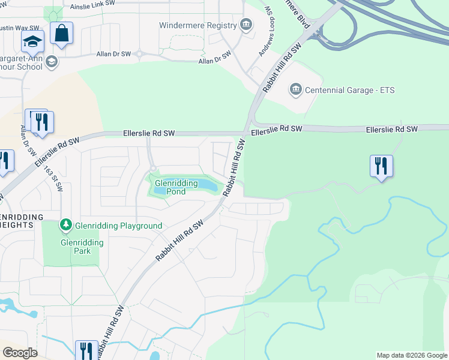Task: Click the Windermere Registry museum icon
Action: click(246, 25)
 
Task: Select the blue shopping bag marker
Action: click(62, 34)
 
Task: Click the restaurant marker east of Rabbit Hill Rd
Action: click(381, 166)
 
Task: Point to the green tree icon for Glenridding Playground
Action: click(65, 226)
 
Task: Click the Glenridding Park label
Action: click(82, 247)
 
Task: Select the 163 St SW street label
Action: click(53, 179)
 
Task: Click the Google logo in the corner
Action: click(20, 353)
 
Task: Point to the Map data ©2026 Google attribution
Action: click(411, 355)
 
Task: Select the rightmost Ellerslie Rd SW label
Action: click(391, 130)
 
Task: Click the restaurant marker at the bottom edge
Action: click(86, 350)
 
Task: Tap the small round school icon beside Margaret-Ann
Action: click(52, 61)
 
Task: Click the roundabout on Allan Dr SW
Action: click(139, 54)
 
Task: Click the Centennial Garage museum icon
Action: click(295, 90)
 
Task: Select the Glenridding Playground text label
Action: click(118, 226)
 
